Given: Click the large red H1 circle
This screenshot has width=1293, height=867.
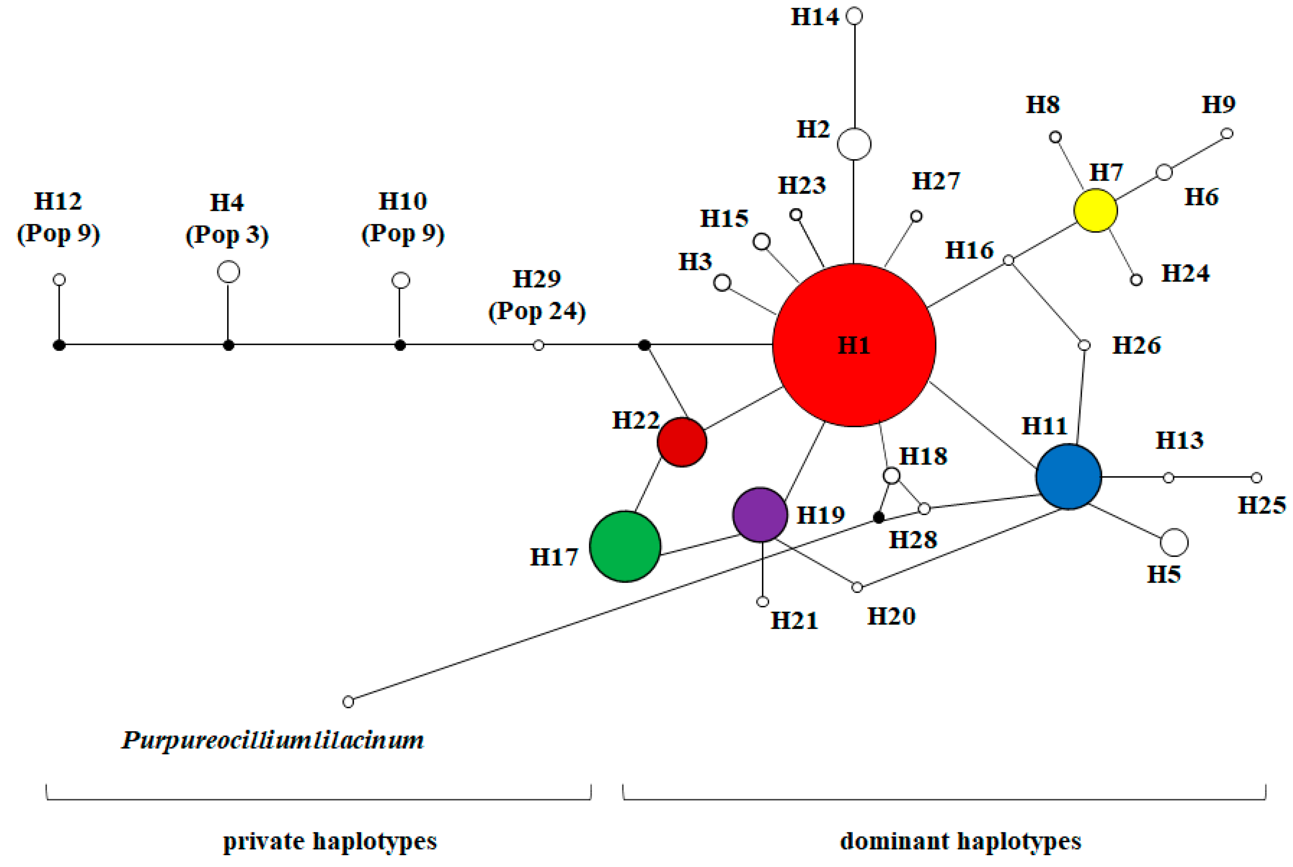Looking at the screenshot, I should click(x=854, y=345).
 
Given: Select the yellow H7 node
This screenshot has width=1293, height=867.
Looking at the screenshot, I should click(x=1095, y=210).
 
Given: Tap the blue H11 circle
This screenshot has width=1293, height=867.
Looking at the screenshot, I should click(x=1068, y=476).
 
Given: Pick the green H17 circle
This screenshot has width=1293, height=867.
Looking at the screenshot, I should click(x=625, y=546).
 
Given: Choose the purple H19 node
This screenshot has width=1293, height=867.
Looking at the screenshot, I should click(x=760, y=514).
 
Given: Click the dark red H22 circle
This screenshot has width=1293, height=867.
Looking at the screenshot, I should click(x=682, y=442).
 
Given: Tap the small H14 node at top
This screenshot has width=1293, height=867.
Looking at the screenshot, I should click(x=855, y=16).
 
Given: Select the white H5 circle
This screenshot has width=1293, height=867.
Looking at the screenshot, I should click(x=1174, y=542).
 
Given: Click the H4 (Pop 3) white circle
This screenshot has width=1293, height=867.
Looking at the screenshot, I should click(x=228, y=271).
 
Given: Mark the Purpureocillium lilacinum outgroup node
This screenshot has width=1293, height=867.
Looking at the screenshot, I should click(x=348, y=702).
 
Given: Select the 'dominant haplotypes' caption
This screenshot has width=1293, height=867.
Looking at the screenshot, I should click(x=960, y=841).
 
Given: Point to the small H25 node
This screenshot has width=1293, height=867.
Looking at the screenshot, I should click(x=1256, y=477).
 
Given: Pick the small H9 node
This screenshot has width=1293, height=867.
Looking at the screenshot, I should click(x=1227, y=133).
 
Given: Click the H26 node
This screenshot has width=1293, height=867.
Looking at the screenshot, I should click(x=1084, y=345).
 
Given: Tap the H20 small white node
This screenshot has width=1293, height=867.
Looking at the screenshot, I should click(x=857, y=587).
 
